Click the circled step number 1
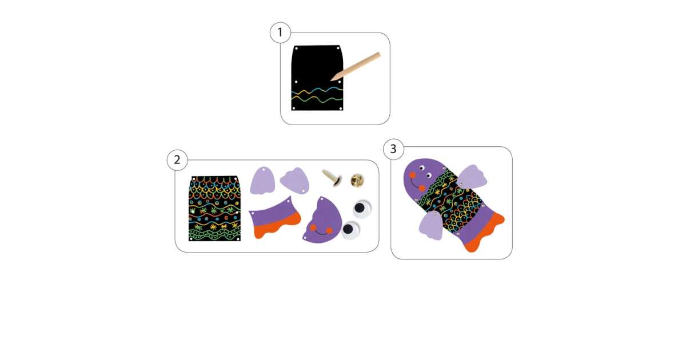point(280,33)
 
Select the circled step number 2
point(177,160)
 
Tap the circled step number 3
point(393,149)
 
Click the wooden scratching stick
point(355,66)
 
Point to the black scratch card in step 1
point(317,78)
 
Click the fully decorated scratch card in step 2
point(214,209)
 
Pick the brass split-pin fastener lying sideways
point(332,178)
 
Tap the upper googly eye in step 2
point(361,209)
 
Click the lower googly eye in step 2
point(350,230)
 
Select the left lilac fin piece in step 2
point(262,181)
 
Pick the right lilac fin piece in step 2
point(295,181)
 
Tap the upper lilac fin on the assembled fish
point(471,177)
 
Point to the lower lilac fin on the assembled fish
point(431,225)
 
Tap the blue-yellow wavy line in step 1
point(317,91)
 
